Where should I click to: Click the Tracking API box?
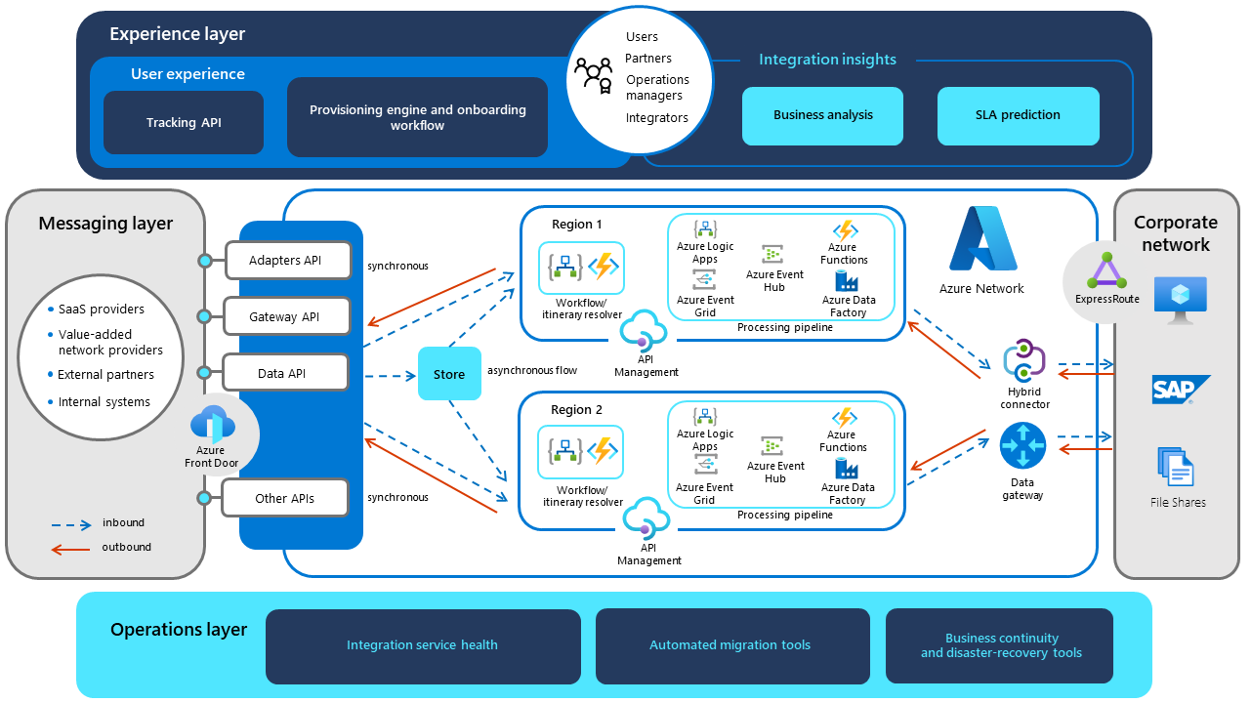click(184, 123)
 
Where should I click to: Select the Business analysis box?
click(823, 115)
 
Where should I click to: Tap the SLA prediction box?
click(1018, 115)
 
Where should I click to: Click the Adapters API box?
click(285, 261)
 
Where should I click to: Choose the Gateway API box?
click(285, 317)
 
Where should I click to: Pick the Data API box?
click(285, 373)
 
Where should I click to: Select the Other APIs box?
click(285, 498)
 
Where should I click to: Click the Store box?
click(449, 374)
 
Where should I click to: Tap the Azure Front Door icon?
click(212, 424)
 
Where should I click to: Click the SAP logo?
click(1180, 391)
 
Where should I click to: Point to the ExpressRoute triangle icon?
click(1106, 270)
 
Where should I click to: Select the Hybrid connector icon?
click(1023, 360)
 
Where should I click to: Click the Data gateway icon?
click(1022, 446)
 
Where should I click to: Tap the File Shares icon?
click(1176, 468)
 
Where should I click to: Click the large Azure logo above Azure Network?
click(982, 240)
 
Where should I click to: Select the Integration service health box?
click(423, 645)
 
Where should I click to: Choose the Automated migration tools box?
click(731, 645)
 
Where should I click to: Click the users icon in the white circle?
click(593, 77)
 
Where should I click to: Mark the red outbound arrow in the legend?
click(70, 549)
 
